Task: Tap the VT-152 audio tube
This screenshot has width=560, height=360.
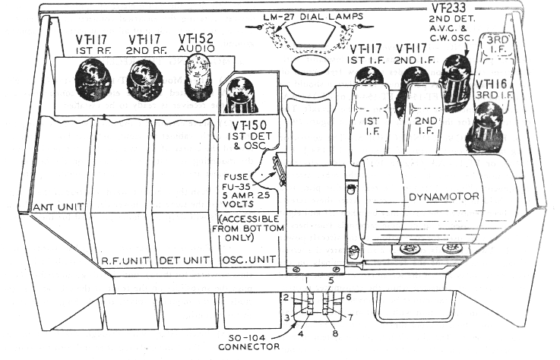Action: click(194, 76)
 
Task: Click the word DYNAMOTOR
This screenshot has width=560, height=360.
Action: click(441, 197)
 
